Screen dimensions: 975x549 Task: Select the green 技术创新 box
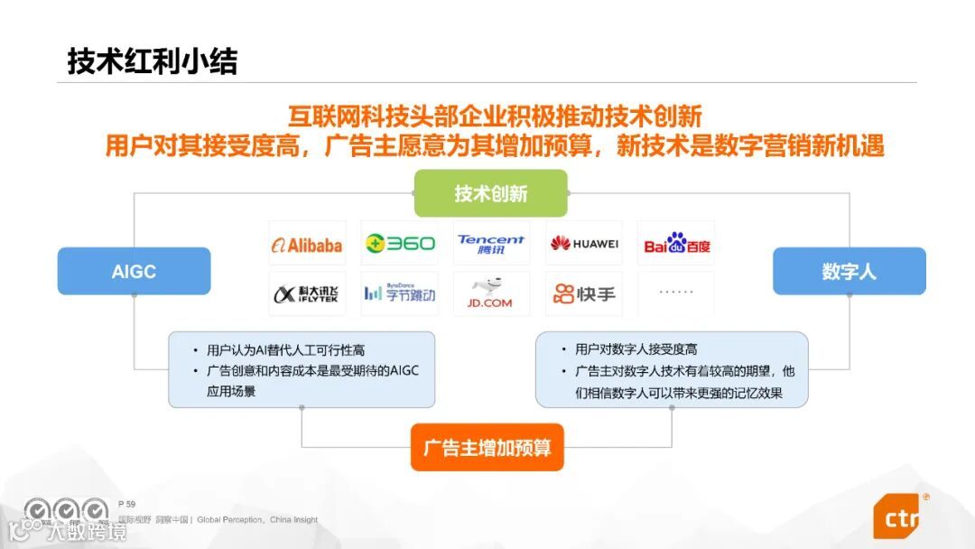click(x=490, y=193)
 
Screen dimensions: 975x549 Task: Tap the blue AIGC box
click(x=134, y=271)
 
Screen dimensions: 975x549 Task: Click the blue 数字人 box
click(x=849, y=271)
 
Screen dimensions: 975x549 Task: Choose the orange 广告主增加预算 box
click(x=487, y=447)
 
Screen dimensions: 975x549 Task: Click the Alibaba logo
click(x=307, y=244)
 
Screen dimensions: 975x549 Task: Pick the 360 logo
click(x=400, y=244)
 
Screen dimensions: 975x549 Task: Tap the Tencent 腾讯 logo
click(x=491, y=244)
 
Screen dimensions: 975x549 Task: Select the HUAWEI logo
click(x=584, y=244)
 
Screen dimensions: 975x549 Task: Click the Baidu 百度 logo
click(x=676, y=244)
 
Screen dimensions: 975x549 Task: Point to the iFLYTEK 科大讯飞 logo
click(x=307, y=293)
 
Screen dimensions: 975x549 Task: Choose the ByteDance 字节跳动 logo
click(x=400, y=293)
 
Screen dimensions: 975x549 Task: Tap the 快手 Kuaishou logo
click(x=584, y=293)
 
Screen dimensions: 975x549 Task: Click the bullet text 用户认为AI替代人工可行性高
click(x=285, y=349)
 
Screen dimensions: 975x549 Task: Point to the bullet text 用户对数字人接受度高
click(x=636, y=349)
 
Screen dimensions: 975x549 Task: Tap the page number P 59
click(x=126, y=504)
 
